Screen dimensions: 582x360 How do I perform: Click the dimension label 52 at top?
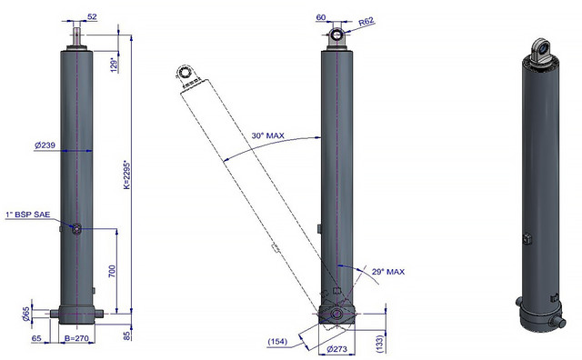(x=92, y=16)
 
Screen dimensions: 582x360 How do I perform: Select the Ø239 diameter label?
(x=45, y=145)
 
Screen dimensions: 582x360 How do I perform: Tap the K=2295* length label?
(x=126, y=175)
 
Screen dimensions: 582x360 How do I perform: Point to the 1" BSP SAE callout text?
(x=28, y=215)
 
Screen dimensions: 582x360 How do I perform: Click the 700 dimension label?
(x=113, y=271)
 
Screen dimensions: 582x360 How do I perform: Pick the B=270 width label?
(x=76, y=338)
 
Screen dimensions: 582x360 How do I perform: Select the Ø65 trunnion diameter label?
(x=26, y=314)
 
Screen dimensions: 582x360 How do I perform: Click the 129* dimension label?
(x=115, y=65)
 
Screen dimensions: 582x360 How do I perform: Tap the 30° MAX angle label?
(x=268, y=135)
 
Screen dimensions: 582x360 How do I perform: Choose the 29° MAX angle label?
(x=388, y=272)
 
